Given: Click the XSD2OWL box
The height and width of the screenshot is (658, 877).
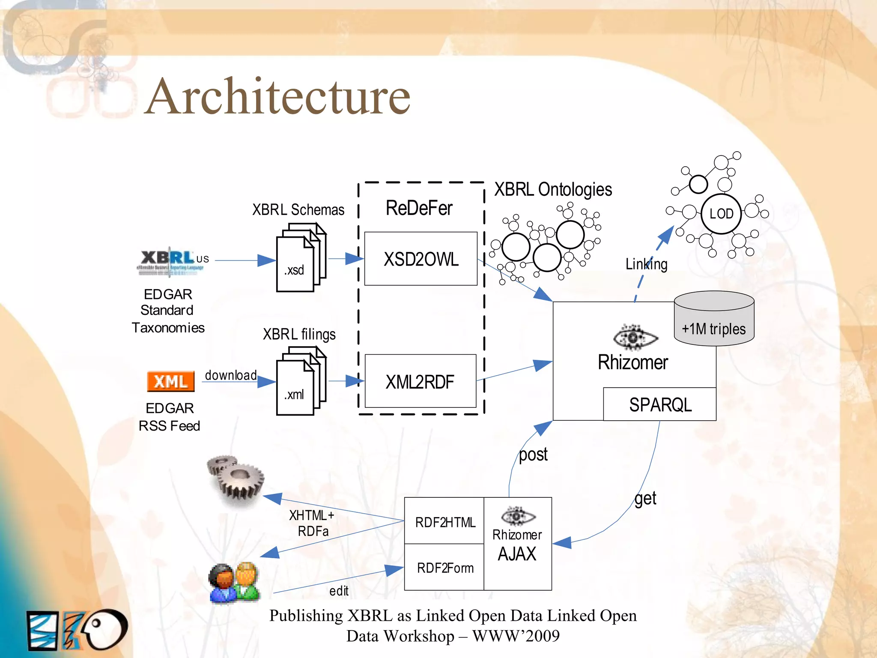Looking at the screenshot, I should pos(421,259).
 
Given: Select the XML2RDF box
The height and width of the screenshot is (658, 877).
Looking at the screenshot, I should pos(420,381).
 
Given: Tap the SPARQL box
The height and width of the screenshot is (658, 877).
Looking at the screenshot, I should pos(659,404).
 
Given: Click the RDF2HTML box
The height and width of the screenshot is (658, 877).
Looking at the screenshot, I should pos(444,521).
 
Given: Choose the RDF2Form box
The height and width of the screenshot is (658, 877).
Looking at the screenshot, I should pos(444,568).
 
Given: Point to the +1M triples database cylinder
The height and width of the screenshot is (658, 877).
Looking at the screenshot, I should pos(714,319).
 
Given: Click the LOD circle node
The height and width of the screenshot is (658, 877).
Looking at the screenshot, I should pos(721,213).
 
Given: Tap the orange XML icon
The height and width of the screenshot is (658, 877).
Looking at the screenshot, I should pos(170,381).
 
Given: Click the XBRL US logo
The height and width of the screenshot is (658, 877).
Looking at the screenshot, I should pos(173,260).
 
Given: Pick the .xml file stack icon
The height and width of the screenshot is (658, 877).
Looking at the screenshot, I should pos(301,381).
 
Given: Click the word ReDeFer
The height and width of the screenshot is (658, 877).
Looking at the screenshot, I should pos(419,208).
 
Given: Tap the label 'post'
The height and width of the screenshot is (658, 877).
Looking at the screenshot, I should pos(533,454).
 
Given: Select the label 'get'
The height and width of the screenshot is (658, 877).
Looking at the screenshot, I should pos(645,499).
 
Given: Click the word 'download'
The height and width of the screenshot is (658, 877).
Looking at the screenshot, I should pos(231,375).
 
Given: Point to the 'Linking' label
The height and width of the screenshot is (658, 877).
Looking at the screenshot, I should pos(646,264).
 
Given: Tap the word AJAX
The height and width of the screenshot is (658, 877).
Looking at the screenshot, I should pos(517,554).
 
